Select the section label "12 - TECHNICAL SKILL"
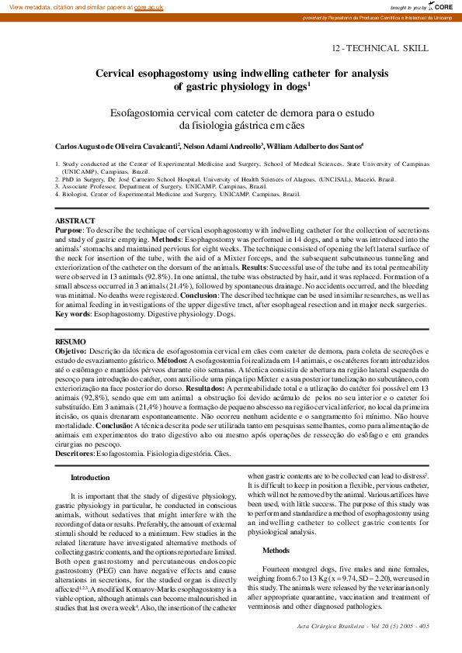(x=380, y=48)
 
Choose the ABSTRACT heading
(x=75, y=221)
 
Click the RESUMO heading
(x=71, y=341)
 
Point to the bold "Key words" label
(x=73, y=314)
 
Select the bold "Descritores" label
(x=75, y=452)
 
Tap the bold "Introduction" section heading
(x=90, y=478)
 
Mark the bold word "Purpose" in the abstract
(x=68, y=230)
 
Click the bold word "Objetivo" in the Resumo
(x=71, y=351)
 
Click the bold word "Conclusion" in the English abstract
(x=198, y=296)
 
